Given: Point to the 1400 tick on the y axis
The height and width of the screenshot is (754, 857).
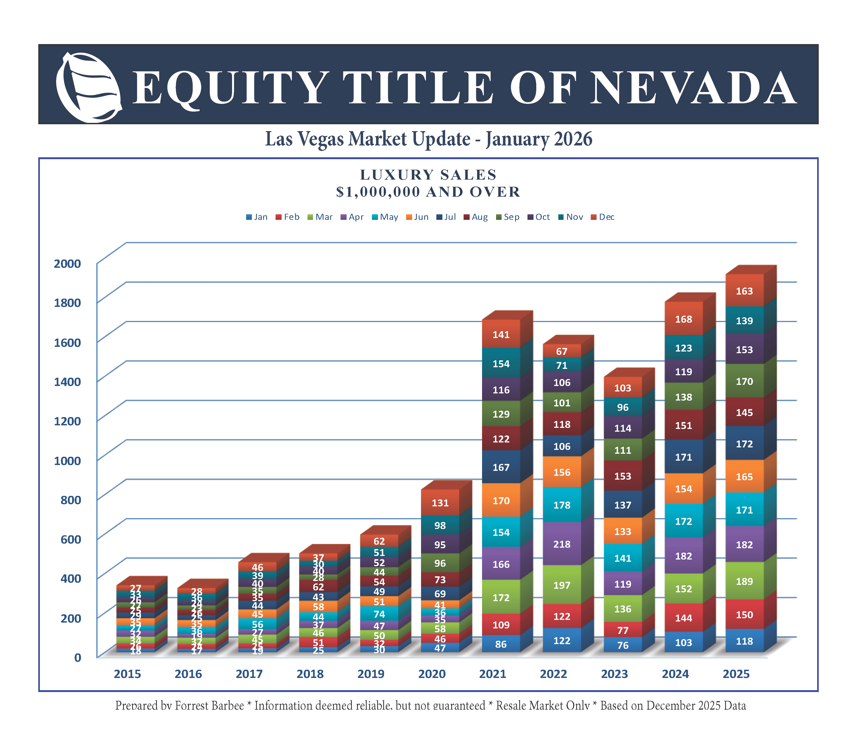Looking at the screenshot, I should [67, 381].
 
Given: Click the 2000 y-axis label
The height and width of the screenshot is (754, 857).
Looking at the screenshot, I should [67, 264].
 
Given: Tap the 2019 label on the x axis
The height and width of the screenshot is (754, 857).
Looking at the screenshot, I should [371, 674].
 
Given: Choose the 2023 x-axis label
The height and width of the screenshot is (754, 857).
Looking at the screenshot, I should [614, 674].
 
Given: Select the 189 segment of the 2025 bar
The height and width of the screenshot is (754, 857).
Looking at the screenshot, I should [744, 581].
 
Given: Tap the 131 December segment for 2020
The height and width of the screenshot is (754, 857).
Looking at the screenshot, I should [440, 503].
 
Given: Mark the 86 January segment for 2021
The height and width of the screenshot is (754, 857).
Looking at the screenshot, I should [500, 644].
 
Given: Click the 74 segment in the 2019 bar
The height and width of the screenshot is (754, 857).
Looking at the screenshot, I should [379, 614].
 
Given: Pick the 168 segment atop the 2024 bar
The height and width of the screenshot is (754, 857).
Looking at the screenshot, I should [683, 319].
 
